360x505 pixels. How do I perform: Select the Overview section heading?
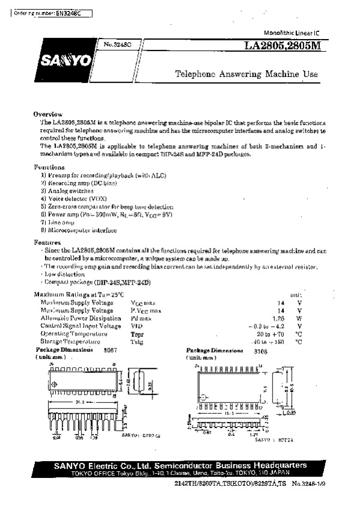(48, 114)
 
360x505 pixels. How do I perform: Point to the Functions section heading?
(49, 166)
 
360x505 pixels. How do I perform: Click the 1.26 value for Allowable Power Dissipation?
(277, 318)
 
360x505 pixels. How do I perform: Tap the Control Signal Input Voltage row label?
(81, 325)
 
